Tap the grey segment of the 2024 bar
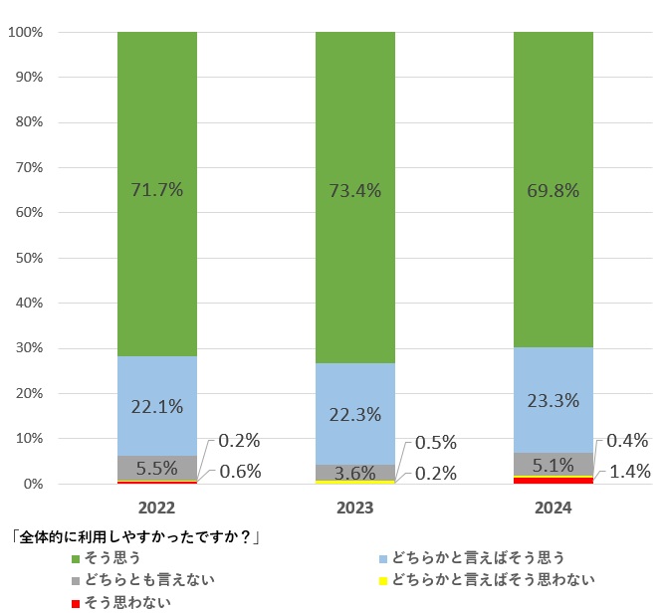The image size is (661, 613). pyautogui.click(x=553, y=464)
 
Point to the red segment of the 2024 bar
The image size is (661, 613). pyautogui.click(x=553, y=480)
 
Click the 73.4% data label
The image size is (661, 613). pyautogui.click(x=355, y=189)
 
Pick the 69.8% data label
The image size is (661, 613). pyautogui.click(x=553, y=189)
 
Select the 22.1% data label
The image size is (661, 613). pyautogui.click(x=157, y=406)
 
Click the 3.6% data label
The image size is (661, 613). pyautogui.click(x=355, y=473)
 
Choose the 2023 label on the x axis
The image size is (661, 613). pyautogui.click(x=355, y=508)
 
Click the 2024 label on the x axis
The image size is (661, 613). pyautogui.click(x=553, y=508)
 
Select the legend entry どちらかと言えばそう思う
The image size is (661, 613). pyautogui.click(x=478, y=557)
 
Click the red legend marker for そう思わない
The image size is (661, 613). pyautogui.click(x=76, y=602)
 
